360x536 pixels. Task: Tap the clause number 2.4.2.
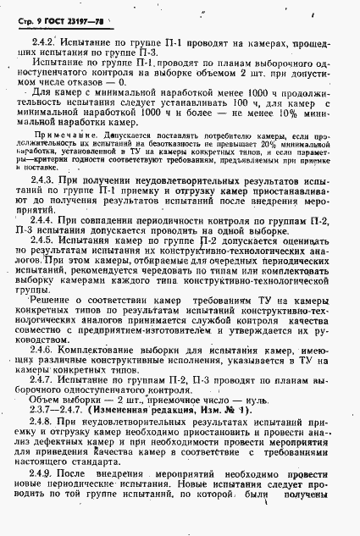[44, 39]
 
